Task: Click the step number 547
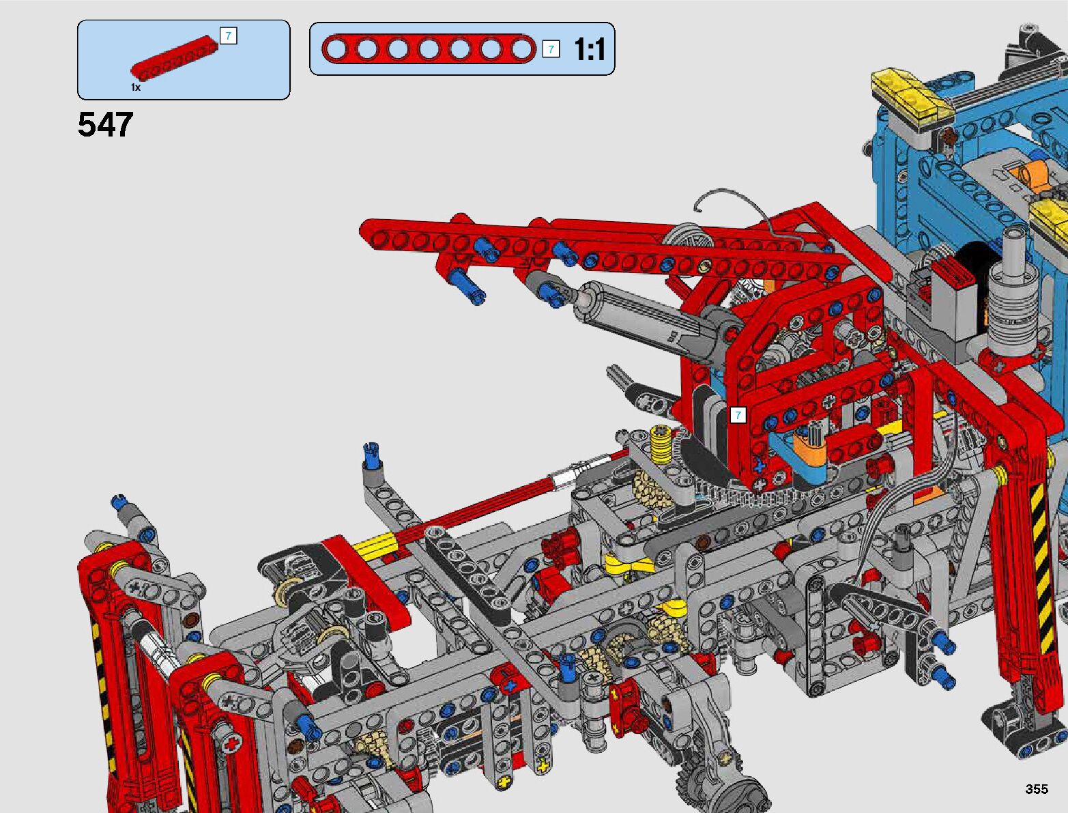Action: pos(105,124)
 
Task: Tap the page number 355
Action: pos(1037,788)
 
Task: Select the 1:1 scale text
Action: pos(589,49)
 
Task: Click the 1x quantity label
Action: pos(136,87)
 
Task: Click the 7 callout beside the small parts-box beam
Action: pos(229,36)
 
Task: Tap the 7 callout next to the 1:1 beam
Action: pos(551,49)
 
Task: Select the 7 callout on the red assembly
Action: pos(738,415)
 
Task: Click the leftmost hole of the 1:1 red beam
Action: pos(336,49)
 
